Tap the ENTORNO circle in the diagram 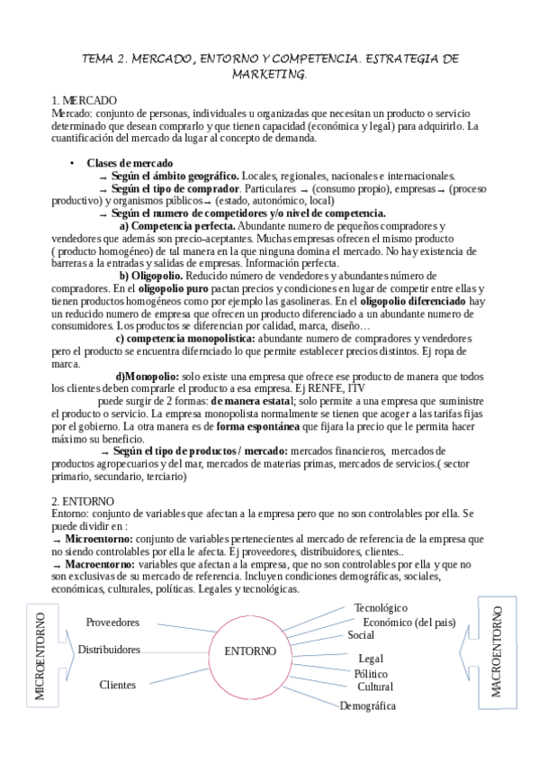[251, 650]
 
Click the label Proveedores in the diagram [112, 623]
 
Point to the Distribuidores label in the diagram [109, 649]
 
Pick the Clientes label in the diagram [118, 685]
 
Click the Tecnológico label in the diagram [381, 608]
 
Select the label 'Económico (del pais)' [409, 622]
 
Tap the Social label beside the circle [361, 635]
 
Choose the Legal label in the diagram [371, 659]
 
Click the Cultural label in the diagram [375, 687]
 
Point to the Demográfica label [367, 706]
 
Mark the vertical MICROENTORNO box [40, 654]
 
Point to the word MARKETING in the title [269, 75]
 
